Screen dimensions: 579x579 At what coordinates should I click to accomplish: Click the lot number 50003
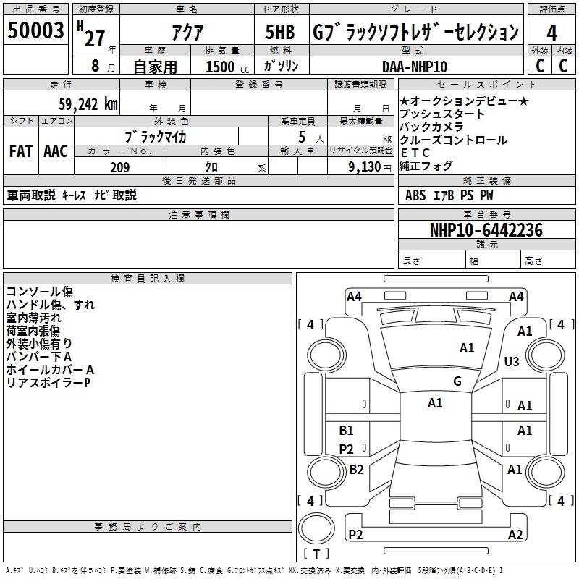pos(35,30)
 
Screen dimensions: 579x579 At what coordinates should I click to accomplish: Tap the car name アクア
pos(187,32)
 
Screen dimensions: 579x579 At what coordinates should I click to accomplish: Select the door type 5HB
pos(280,32)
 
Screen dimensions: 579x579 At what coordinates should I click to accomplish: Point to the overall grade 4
pos(551,33)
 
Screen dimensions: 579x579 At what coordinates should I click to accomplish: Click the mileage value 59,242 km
pos(88,104)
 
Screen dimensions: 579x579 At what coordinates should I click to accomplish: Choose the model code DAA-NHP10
pos(415,67)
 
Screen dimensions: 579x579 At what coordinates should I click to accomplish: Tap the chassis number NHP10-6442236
pos(486,230)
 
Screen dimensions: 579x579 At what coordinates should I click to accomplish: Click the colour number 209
pos(120,167)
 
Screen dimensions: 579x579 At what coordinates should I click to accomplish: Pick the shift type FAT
pos(21,151)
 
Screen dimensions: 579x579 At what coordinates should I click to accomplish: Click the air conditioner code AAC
pos(56,151)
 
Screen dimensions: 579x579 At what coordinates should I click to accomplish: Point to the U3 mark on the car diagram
pos(512,361)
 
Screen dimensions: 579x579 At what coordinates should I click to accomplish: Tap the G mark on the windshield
pos(457,381)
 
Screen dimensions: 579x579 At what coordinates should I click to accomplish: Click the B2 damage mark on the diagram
pos(356,469)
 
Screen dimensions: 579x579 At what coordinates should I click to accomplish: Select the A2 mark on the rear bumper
pos(515,534)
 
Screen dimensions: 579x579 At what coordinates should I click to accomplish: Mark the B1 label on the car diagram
pos(347,430)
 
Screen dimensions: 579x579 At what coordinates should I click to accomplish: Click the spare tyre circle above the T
pos(316,528)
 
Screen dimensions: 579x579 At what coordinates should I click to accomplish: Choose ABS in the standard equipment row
pos(415,195)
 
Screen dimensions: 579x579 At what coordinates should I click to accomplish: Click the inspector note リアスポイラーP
pos(48,383)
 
